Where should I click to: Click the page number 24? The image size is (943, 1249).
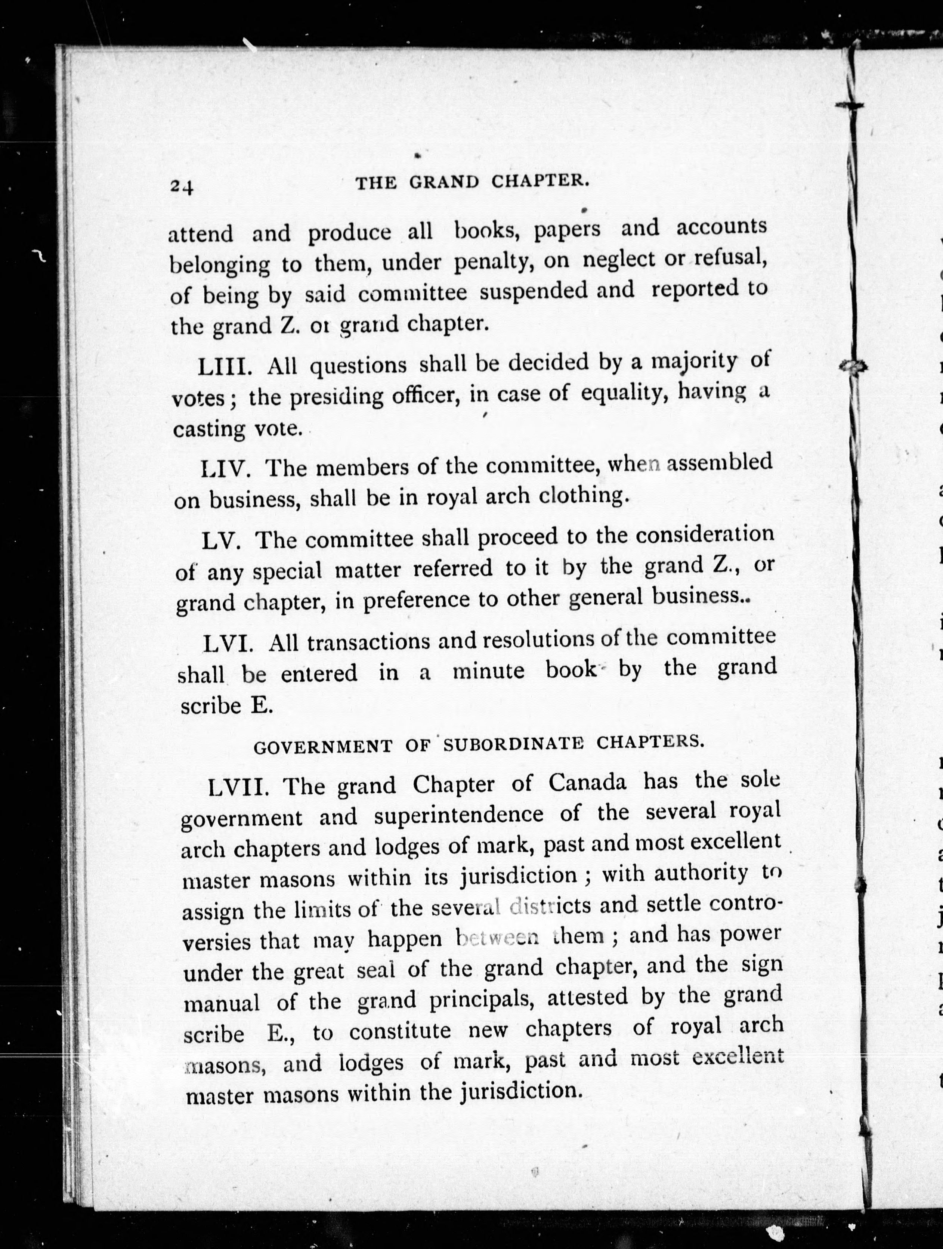182,186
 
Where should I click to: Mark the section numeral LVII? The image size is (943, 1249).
238,787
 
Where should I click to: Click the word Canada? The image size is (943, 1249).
587,782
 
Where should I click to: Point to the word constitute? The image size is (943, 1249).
400,1032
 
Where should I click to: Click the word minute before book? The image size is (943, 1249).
489,671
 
